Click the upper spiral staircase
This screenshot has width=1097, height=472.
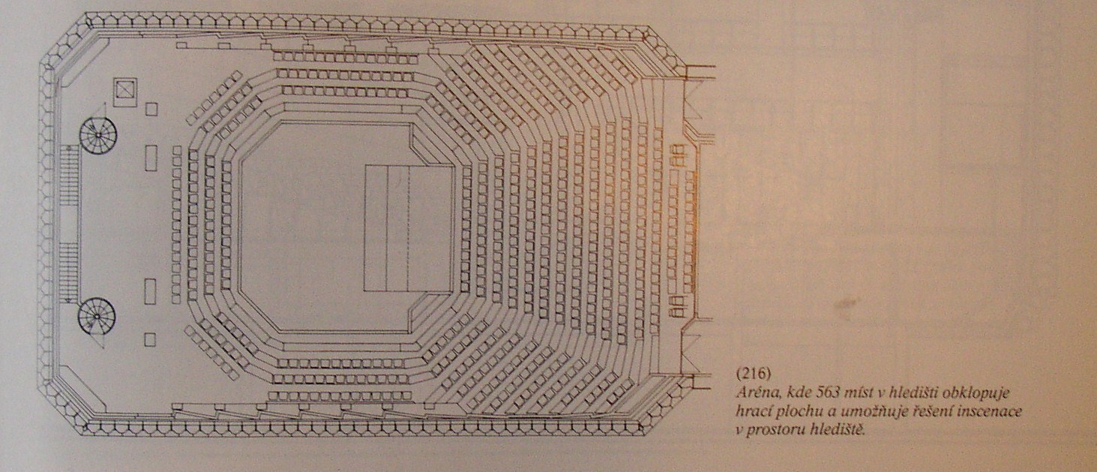98,134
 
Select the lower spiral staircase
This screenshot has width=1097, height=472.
97,317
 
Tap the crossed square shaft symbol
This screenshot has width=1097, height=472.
125,92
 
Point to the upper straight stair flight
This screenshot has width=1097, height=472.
69,176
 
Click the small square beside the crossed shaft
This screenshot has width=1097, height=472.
151,109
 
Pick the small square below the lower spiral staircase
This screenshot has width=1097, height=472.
150,340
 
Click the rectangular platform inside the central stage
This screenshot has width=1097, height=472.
409,229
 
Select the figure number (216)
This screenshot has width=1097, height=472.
754,374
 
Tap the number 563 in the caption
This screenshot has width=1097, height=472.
827,392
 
